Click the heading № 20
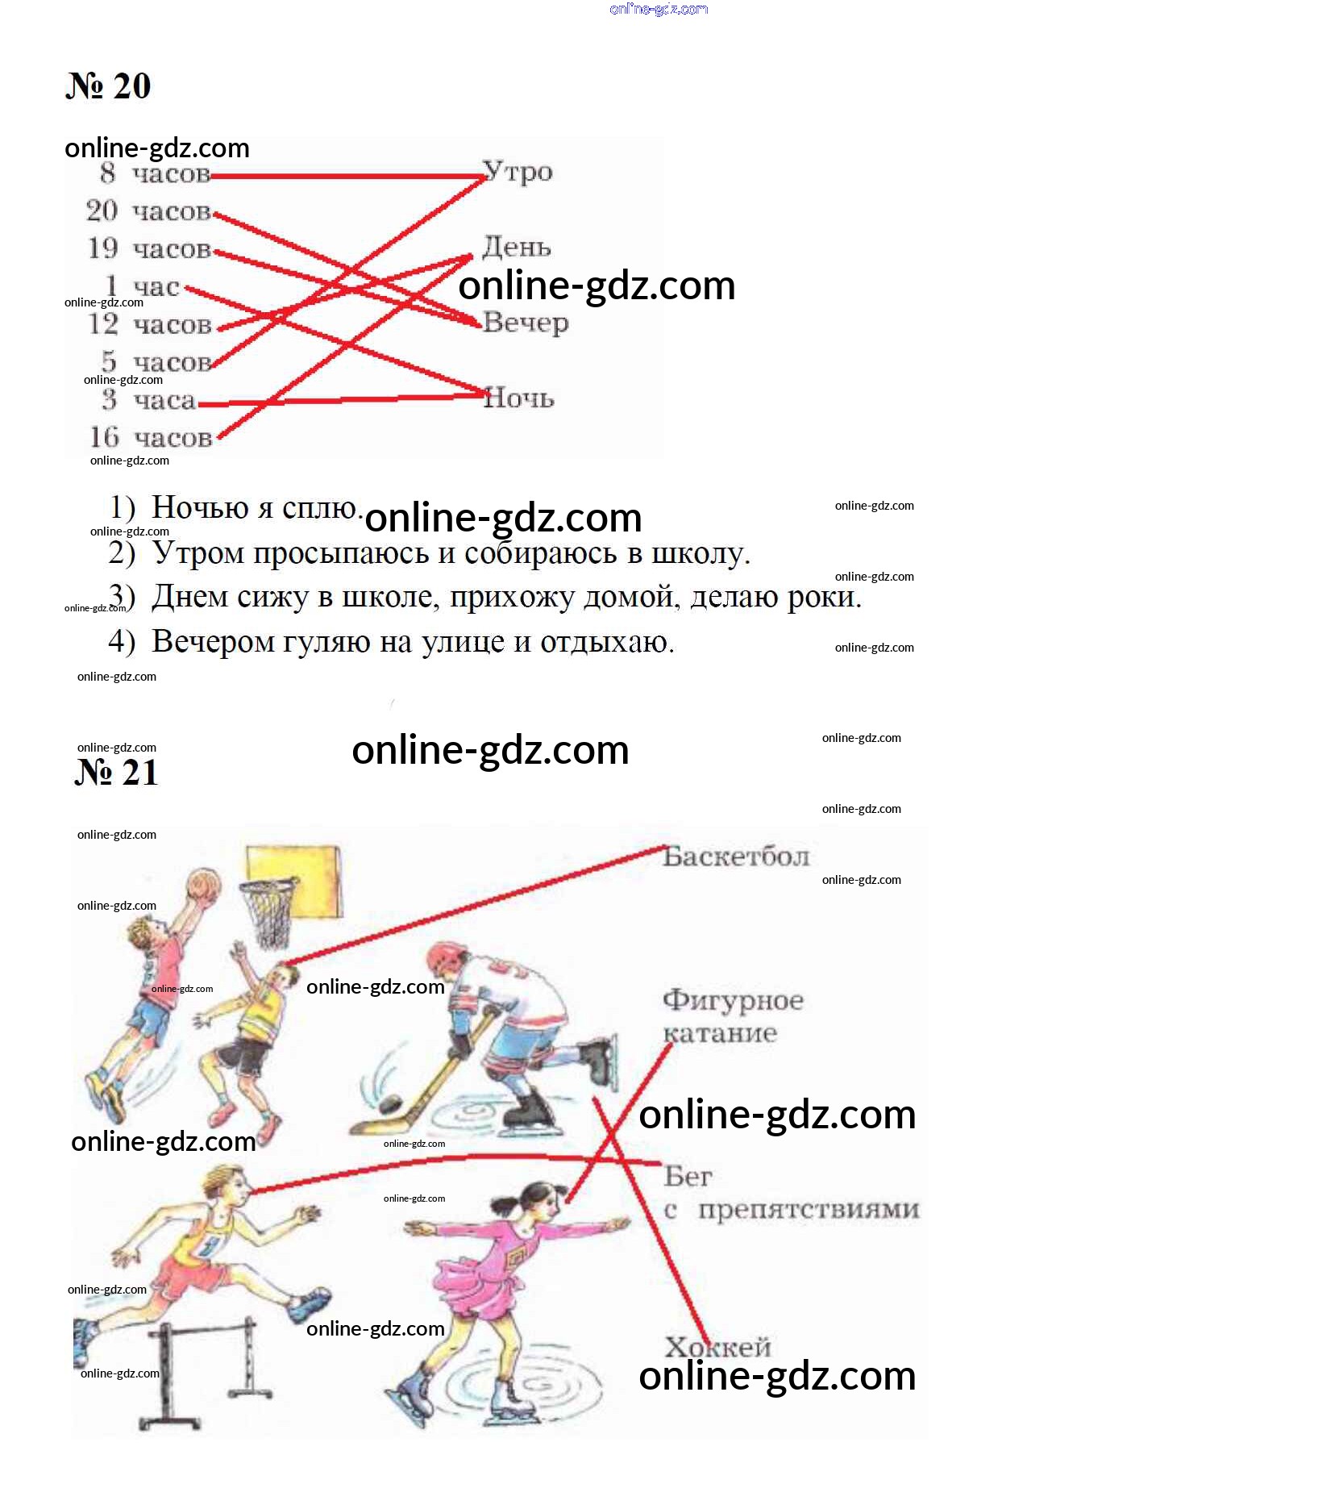(x=108, y=86)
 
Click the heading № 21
(x=116, y=772)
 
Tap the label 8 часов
(x=155, y=173)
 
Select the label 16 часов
(x=151, y=437)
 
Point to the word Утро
(x=518, y=172)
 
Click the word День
(x=517, y=247)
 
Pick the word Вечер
(x=526, y=323)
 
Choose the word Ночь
(x=519, y=398)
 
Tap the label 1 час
(x=143, y=286)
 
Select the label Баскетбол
(x=736, y=857)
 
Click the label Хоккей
(x=717, y=1347)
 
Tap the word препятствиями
(x=809, y=1210)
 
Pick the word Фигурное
(x=734, y=1000)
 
